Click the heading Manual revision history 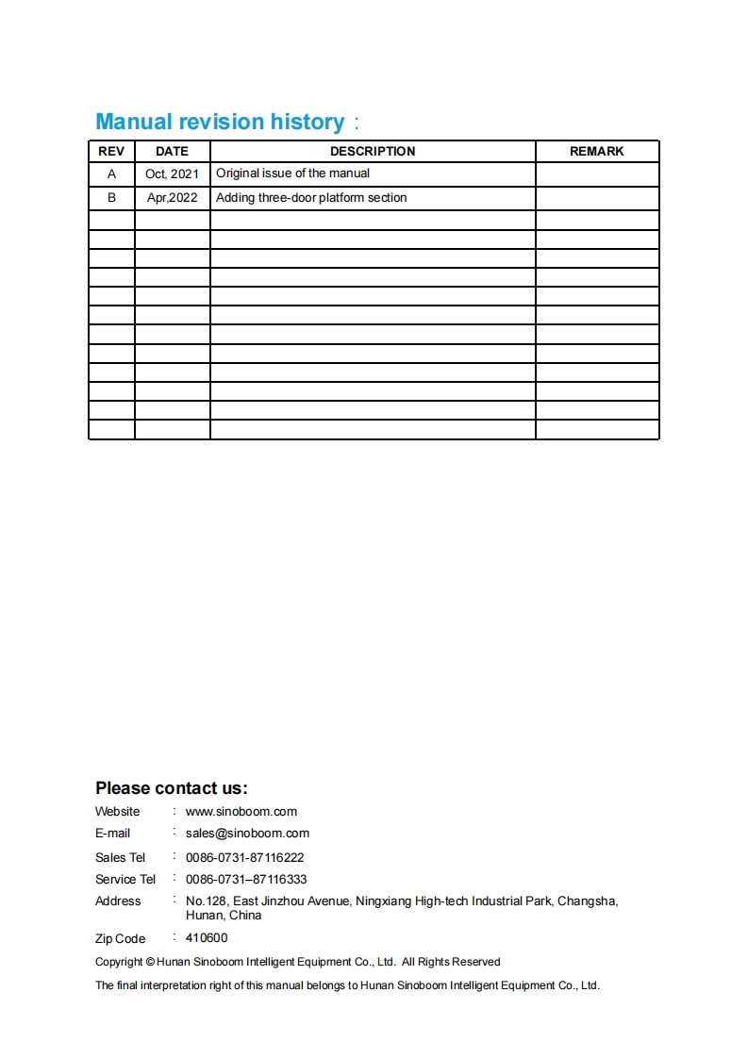(x=220, y=122)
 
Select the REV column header (x=111, y=151)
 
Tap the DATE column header (x=172, y=151)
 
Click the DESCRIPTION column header (x=373, y=151)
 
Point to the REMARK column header (x=596, y=151)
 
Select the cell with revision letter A (x=112, y=174)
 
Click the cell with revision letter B (x=112, y=198)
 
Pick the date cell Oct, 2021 (x=172, y=174)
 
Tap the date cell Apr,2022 (x=172, y=198)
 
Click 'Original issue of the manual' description (x=292, y=174)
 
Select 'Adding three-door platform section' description (x=311, y=198)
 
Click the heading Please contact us (x=171, y=788)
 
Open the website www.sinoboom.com (x=241, y=812)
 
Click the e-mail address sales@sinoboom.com (x=247, y=834)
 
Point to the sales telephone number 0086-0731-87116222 (x=244, y=858)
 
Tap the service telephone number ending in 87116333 (x=246, y=880)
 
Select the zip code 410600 (x=207, y=938)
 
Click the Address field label (x=118, y=901)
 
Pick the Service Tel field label (x=125, y=880)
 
